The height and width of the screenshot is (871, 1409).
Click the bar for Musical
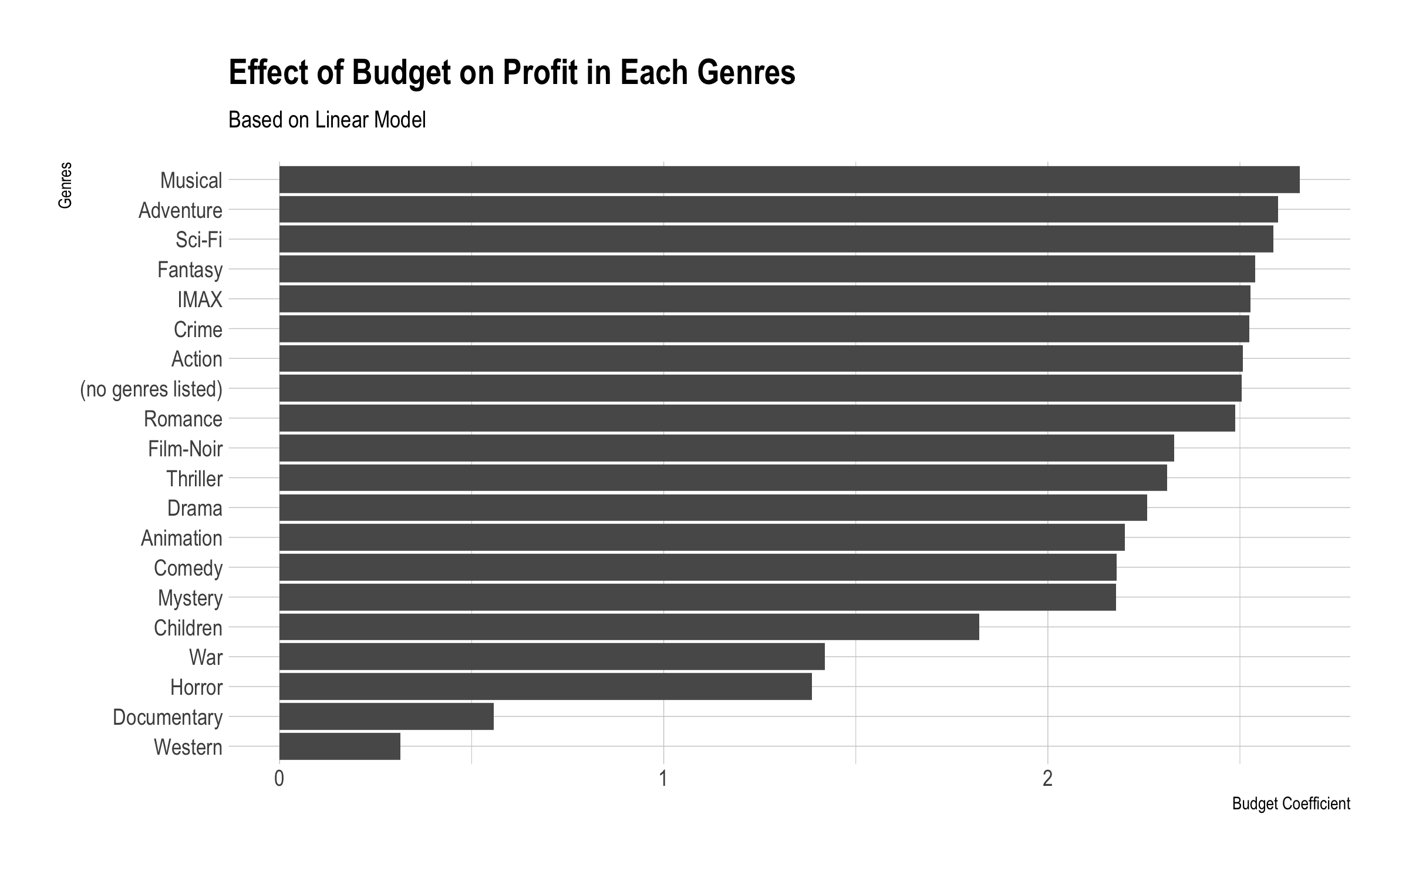[789, 180]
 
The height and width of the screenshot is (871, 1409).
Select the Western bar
[340, 746]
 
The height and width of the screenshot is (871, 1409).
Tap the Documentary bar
[386, 717]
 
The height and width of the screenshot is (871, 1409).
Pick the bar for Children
[629, 627]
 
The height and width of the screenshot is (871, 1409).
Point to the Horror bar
[545, 687]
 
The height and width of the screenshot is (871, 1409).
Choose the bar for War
[552, 657]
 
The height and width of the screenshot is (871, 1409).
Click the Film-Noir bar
[726, 448]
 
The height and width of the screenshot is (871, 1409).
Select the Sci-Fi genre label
[198, 240]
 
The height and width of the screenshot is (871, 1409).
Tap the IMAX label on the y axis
[200, 300]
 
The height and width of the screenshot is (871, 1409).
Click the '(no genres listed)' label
[151, 389]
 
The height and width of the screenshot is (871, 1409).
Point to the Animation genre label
[181, 538]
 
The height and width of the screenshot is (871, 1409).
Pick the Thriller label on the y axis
[194, 479]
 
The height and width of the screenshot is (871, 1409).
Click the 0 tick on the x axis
[279, 779]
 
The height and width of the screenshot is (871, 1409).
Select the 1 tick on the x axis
[663, 779]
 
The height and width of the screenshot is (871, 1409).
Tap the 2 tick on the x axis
[1047, 779]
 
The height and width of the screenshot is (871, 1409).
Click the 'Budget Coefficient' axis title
[1291, 803]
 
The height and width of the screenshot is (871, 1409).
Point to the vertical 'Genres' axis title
[65, 185]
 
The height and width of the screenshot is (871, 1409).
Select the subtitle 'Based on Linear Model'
[327, 120]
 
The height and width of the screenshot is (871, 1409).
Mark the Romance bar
[757, 418]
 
